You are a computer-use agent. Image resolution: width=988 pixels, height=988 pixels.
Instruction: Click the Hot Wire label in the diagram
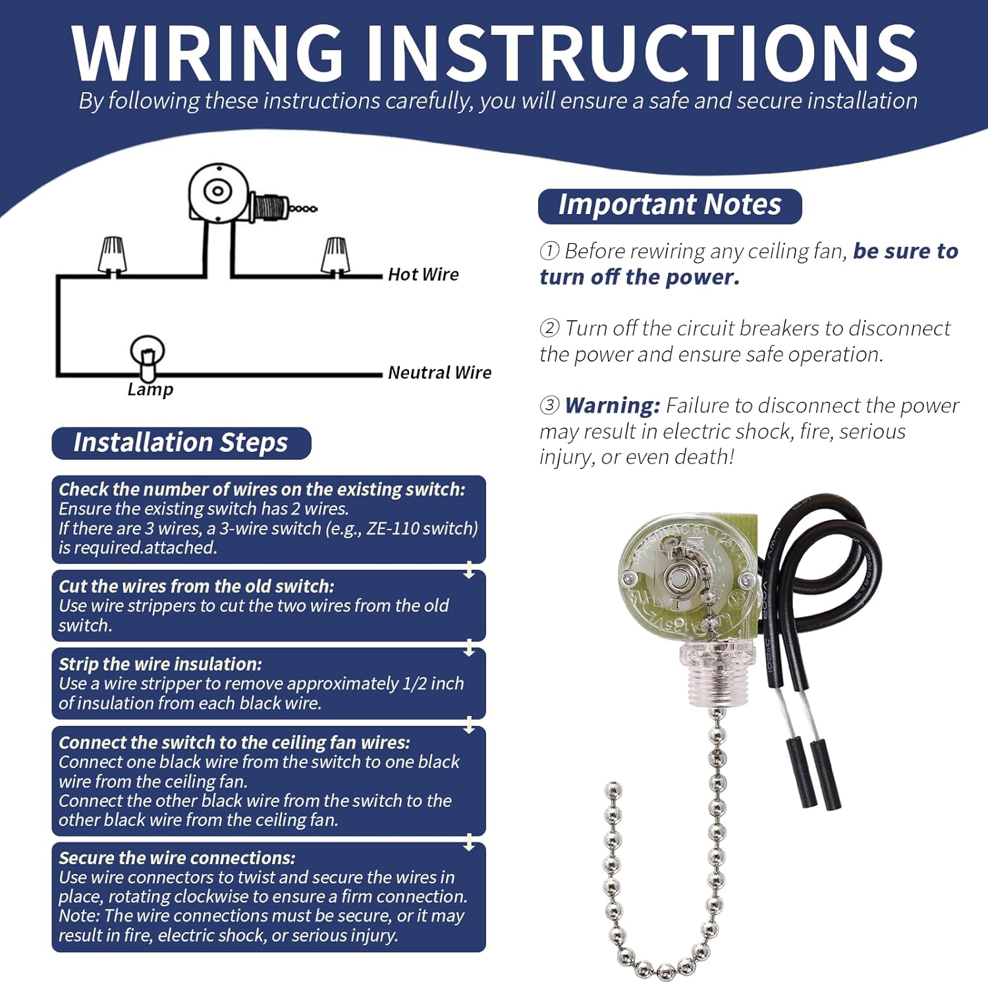[423, 274]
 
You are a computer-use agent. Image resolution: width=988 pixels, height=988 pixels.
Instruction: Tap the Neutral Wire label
[439, 372]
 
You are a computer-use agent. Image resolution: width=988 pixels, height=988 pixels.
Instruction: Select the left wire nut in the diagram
[112, 256]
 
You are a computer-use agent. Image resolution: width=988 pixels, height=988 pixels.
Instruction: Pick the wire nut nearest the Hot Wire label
[335, 256]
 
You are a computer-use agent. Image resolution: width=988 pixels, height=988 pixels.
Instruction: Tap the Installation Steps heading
[180, 443]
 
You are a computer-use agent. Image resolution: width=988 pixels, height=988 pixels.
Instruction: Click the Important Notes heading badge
[669, 206]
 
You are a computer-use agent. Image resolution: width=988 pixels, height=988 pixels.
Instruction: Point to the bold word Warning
[612, 405]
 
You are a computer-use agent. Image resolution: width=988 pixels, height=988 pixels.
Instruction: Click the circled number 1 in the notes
[549, 251]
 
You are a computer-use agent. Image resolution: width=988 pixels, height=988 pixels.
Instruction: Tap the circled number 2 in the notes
[549, 328]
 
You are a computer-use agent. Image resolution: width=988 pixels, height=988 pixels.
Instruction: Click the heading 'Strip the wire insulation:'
[160, 664]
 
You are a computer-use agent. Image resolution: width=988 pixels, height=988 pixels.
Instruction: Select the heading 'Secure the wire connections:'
[177, 858]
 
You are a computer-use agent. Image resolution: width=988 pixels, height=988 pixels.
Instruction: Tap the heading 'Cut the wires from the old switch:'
[196, 586]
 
